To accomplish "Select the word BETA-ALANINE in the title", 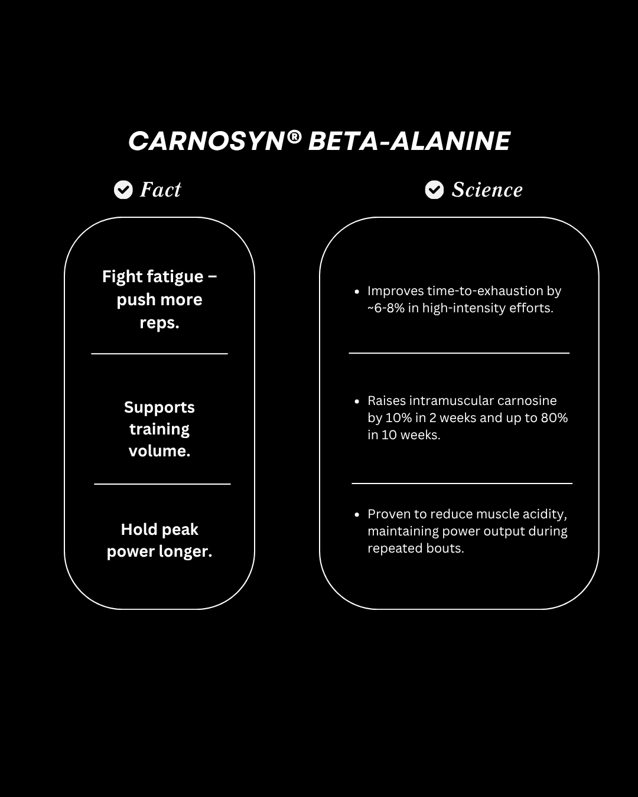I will click(x=409, y=142).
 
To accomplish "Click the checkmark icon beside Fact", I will click(x=123, y=190).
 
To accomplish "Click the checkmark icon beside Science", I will click(x=434, y=190).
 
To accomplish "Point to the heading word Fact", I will click(x=160, y=190).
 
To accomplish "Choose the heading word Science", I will click(x=487, y=190).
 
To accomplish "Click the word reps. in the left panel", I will click(x=159, y=323).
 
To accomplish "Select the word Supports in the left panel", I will click(x=159, y=407).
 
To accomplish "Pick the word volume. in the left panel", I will click(x=159, y=451).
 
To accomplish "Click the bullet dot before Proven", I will click(x=357, y=514).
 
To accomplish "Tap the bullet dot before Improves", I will click(x=357, y=291).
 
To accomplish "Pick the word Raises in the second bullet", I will click(x=386, y=401).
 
